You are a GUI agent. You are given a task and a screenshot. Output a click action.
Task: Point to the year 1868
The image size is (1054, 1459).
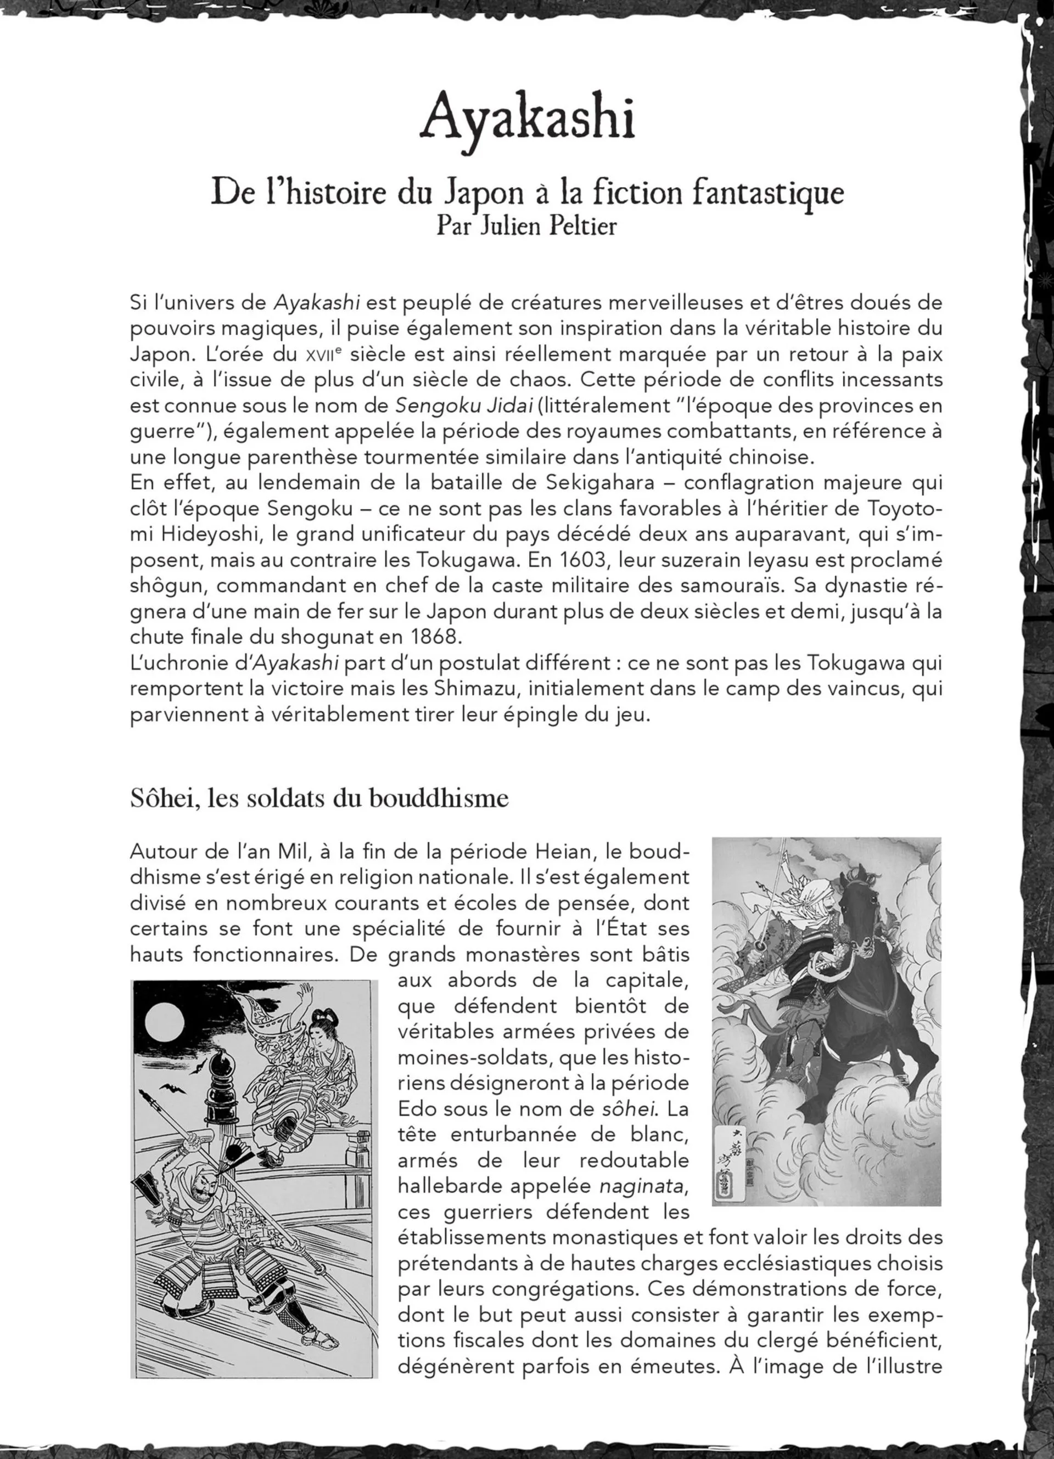[x=436, y=638]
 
